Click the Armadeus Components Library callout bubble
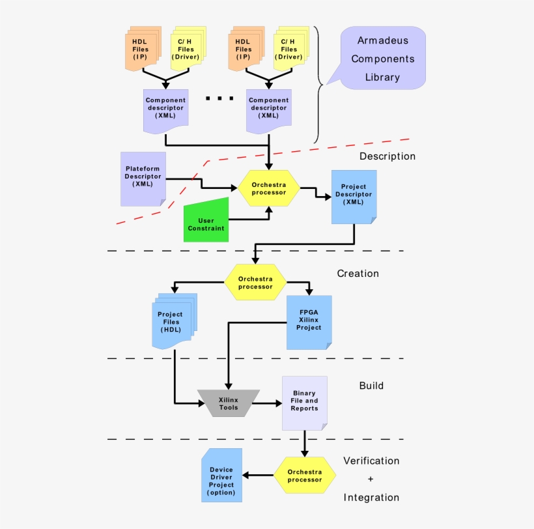[x=382, y=59]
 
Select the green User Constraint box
[x=206, y=222]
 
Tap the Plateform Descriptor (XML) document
[x=143, y=177]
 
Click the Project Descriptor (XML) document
[x=354, y=196]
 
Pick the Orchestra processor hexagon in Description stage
[x=268, y=189]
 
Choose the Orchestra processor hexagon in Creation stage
[x=255, y=282]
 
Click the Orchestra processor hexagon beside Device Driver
[x=304, y=476]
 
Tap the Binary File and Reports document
[x=304, y=402]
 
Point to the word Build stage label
[x=371, y=386]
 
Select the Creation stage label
[x=358, y=274]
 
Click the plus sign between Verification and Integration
[x=371, y=479]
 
